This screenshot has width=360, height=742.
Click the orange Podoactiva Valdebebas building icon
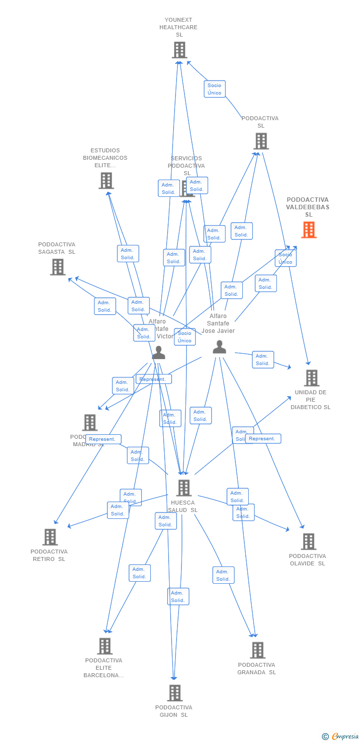[309, 230]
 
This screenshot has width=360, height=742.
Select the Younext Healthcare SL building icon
[180, 50]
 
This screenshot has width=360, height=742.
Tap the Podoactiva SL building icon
[261, 141]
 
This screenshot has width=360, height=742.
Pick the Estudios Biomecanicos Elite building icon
[106, 181]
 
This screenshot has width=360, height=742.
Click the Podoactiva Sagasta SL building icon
[58, 267]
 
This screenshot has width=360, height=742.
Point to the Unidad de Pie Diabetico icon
[312, 378]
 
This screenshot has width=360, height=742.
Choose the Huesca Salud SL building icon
[184, 488]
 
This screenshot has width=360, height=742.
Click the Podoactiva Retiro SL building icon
[50, 537]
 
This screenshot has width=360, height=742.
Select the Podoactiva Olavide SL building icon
[309, 542]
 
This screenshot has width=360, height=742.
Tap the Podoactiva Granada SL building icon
[258, 650]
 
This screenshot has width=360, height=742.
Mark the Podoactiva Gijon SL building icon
[175, 693]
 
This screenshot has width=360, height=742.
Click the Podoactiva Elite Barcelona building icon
[105, 646]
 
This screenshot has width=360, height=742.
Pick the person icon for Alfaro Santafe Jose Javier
[219, 347]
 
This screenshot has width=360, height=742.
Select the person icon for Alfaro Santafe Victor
[159, 353]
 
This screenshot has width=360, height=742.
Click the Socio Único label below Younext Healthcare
[215, 89]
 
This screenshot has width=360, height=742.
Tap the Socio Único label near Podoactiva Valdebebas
[285, 258]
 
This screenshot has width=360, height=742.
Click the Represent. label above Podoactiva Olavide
[263, 439]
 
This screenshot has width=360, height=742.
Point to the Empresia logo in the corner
[341, 737]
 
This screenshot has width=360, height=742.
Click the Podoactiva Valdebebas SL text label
[308, 207]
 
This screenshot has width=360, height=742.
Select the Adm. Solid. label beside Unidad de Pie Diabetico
[263, 360]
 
